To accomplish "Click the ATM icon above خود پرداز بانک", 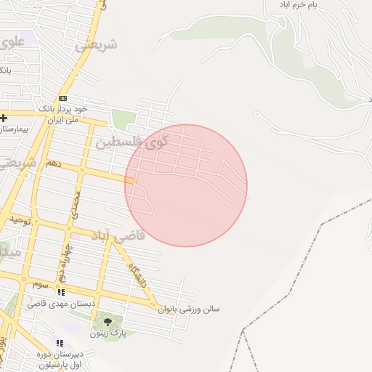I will tap(62, 98).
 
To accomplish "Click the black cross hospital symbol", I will tap(4, 118).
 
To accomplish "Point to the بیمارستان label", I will tap(14, 129).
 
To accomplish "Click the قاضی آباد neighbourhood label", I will tap(118, 235).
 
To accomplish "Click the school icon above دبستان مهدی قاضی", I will tap(61, 292).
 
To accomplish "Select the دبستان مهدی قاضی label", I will tap(54, 303).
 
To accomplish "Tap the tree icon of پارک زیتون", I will tap(108, 320).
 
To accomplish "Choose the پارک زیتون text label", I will tap(108, 333).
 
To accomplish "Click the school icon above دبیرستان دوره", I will tap(60, 343).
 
